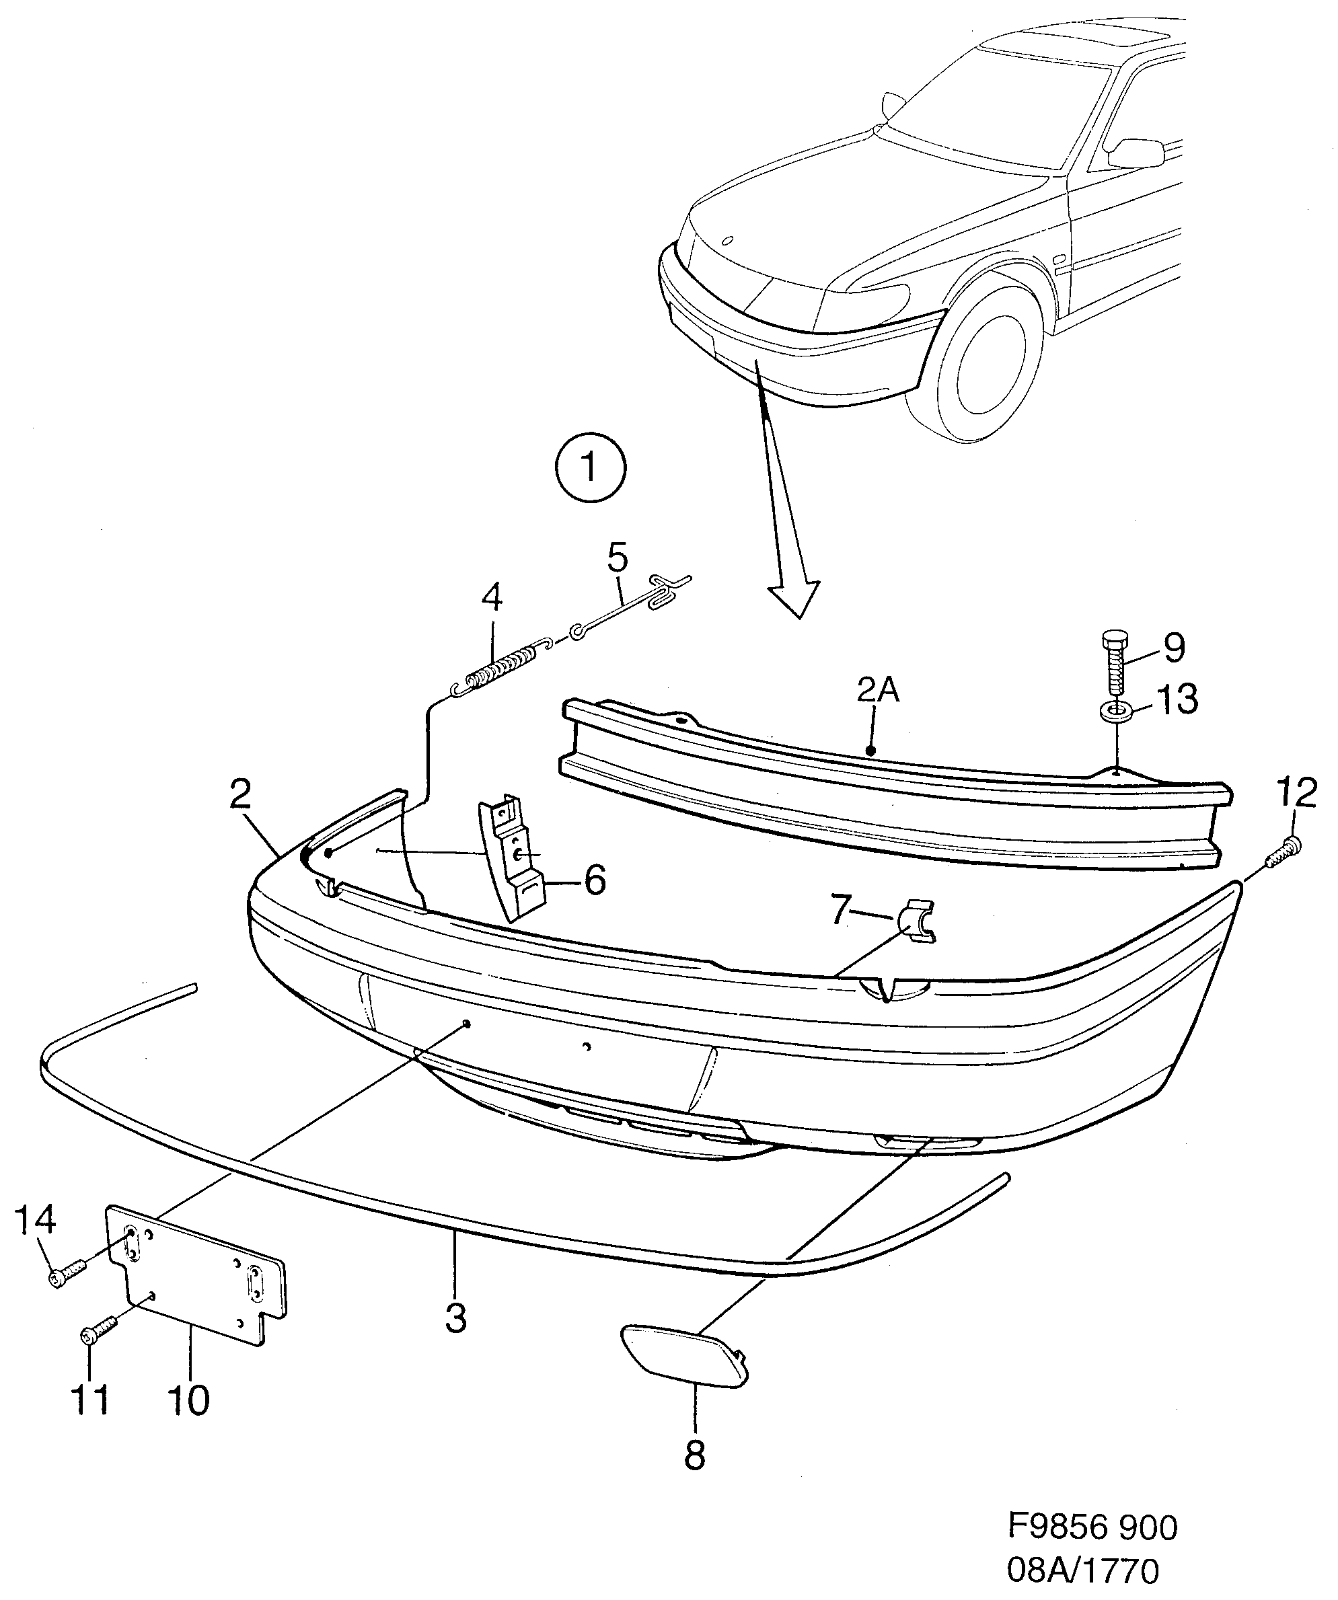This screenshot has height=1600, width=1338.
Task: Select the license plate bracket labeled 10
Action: point(196,1283)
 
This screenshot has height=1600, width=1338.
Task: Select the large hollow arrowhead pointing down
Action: point(794,595)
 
